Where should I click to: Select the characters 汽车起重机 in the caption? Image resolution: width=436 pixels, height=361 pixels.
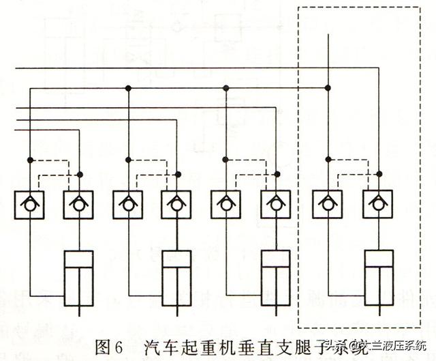pyautogui.click(x=178, y=346)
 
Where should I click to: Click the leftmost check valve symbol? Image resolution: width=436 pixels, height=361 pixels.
pyautogui.click(x=29, y=203)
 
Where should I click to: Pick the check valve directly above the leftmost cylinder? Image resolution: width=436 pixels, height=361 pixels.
pyautogui.click(x=79, y=203)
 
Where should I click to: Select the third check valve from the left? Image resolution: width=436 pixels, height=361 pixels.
pyautogui.click(x=127, y=203)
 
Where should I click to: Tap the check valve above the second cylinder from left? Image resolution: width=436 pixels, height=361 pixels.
pyautogui.click(x=177, y=203)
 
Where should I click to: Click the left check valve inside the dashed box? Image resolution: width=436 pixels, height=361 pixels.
pyautogui.click(x=328, y=203)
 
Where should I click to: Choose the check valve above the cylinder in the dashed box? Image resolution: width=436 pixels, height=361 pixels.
pyautogui.click(x=377, y=203)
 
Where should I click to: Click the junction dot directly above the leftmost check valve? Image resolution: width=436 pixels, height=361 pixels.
pyautogui.click(x=29, y=160)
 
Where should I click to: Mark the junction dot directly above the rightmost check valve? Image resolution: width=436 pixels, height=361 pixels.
pyautogui.click(x=377, y=175)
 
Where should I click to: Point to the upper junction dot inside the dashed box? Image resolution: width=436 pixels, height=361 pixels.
pyautogui.click(x=328, y=87)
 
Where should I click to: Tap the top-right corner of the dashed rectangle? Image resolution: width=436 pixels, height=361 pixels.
pyautogui.click(x=420, y=7)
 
